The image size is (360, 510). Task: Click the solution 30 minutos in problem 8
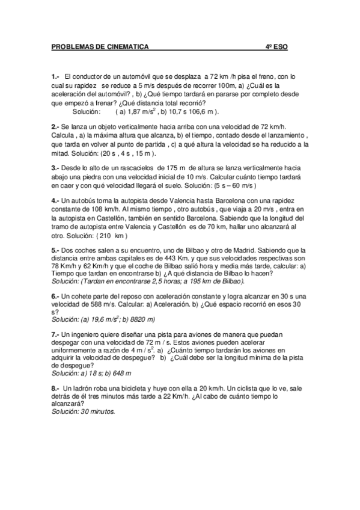tap(96, 413)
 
